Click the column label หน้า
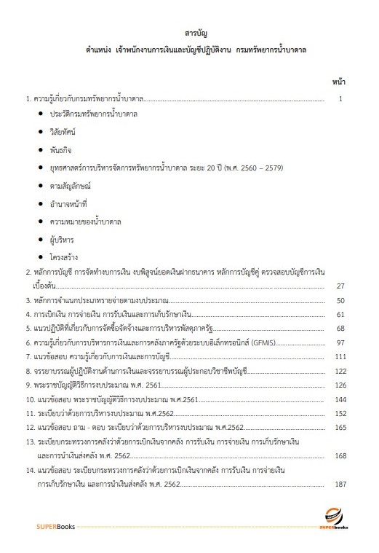[x=338, y=79]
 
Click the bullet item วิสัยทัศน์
[x=63, y=132]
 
